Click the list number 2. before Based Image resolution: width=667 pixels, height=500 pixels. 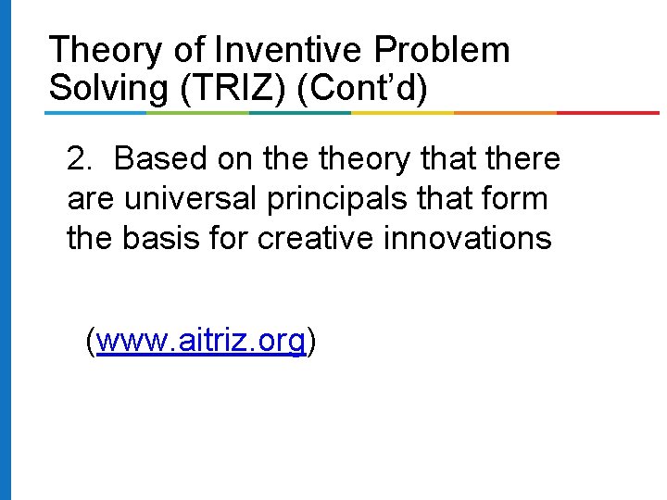point(81,159)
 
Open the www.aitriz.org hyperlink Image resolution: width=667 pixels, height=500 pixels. point(200,342)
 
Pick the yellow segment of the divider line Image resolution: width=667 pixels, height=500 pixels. point(403,113)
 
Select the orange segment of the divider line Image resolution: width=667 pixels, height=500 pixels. point(505,113)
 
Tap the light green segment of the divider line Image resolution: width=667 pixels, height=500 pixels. point(199,113)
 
